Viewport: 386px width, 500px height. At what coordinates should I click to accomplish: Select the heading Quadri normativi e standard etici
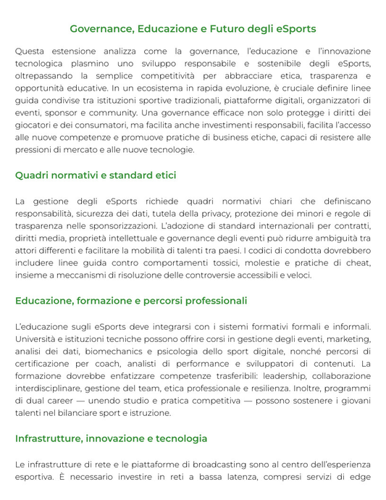[x=96, y=175]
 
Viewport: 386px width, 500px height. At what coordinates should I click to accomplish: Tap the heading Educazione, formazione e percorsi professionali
[x=131, y=301]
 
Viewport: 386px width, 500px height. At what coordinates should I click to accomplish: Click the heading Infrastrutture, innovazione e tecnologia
[x=111, y=438]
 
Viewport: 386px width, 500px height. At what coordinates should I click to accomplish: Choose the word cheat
[x=356, y=263]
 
